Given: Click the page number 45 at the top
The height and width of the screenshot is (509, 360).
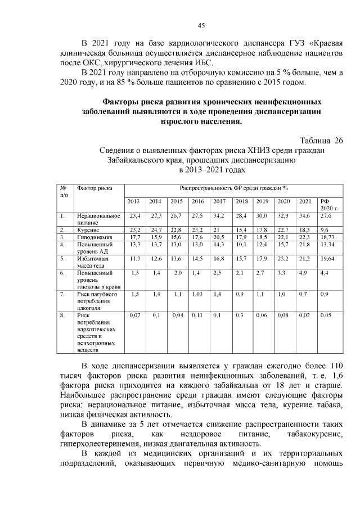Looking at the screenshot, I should coord(201,25).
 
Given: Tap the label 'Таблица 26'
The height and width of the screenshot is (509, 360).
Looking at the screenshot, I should coord(321,140).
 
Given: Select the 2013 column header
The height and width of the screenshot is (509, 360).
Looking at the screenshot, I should coord(134,201).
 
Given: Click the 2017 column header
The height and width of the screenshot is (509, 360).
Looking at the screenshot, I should coord(219,201).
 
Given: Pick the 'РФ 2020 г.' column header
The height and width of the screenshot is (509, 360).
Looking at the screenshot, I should coord(327,204).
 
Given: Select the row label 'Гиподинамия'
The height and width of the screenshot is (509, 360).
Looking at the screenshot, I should coord(94,237).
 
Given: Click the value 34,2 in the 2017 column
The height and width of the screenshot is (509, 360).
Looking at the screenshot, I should coord(219,215).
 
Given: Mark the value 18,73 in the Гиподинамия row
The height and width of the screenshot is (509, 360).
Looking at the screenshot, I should coord(327,237).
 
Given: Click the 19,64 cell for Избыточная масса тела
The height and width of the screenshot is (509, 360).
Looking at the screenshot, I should coord(327,259).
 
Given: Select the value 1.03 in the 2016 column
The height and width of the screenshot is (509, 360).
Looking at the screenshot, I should coord(197,294).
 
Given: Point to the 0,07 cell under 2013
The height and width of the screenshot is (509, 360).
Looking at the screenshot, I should coord(134,316).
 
